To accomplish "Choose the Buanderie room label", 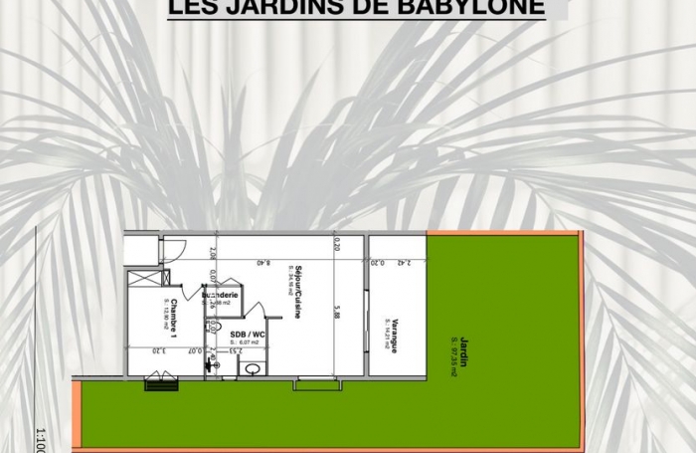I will (221, 296).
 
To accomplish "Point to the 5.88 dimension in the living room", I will (337, 314).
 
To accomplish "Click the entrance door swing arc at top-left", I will (175, 249).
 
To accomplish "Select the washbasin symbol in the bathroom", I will (253, 369).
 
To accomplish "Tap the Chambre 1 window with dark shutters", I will (161, 383).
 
